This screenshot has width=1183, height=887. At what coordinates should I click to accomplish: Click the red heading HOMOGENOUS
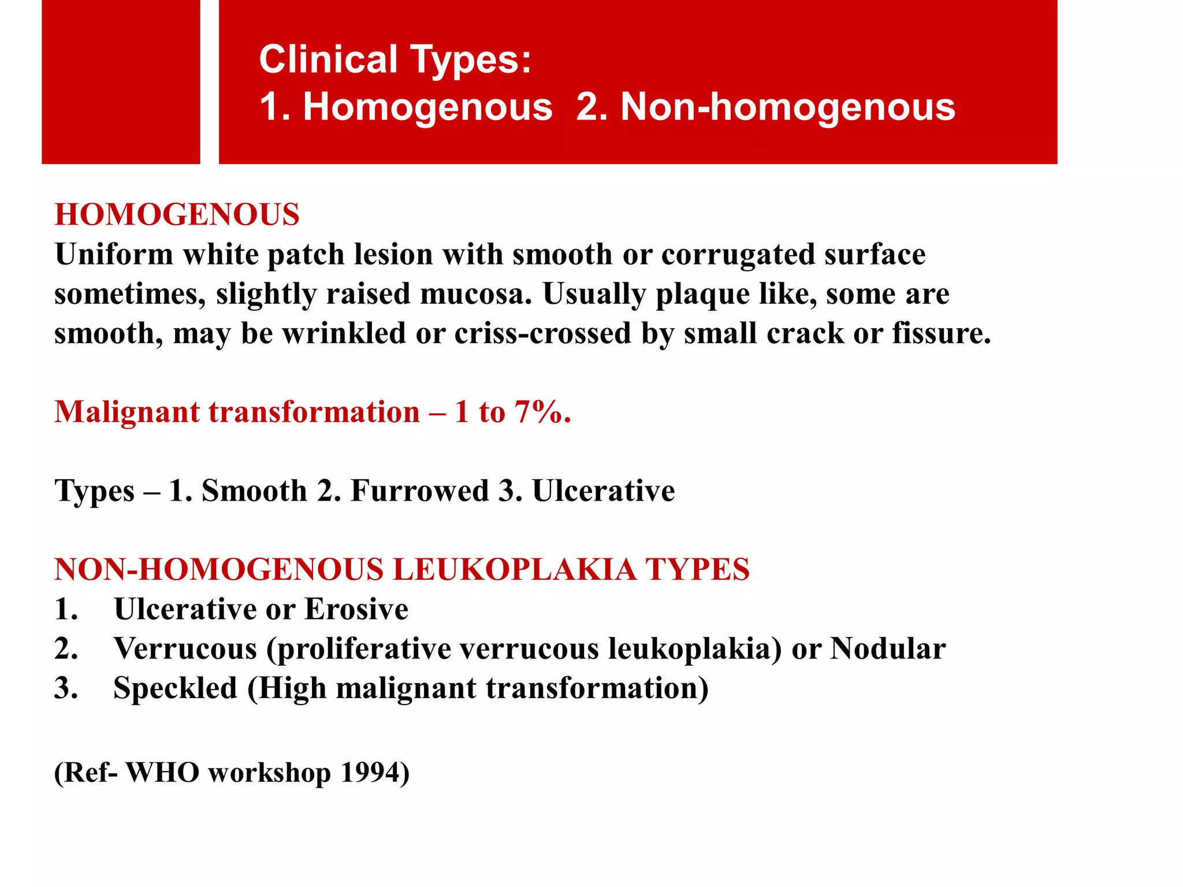[177, 215]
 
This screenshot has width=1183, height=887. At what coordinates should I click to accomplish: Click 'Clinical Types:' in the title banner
[395, 59]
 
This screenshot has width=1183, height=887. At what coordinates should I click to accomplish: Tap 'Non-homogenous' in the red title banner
[788, 107]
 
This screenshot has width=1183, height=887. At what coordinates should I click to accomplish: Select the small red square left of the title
[121, 82]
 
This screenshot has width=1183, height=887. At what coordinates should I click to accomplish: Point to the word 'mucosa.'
[475, 294]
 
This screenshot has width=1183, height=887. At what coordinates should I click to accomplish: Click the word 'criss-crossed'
[542, 333]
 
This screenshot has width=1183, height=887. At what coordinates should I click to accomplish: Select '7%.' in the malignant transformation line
[542, 412]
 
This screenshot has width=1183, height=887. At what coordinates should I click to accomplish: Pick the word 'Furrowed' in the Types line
[420, 491]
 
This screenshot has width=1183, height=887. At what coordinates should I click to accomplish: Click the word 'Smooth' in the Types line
[254, 491]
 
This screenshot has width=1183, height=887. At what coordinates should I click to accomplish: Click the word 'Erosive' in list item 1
[356, 609]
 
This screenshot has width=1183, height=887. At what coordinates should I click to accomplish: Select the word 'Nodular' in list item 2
[888, 649]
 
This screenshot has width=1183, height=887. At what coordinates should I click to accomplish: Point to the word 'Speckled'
[176, 688]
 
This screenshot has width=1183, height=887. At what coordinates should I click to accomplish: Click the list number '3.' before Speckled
[66, 688]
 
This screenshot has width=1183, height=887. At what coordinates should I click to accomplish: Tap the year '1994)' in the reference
[375, 773]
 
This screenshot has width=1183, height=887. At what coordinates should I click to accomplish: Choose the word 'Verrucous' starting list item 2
[185, 649]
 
